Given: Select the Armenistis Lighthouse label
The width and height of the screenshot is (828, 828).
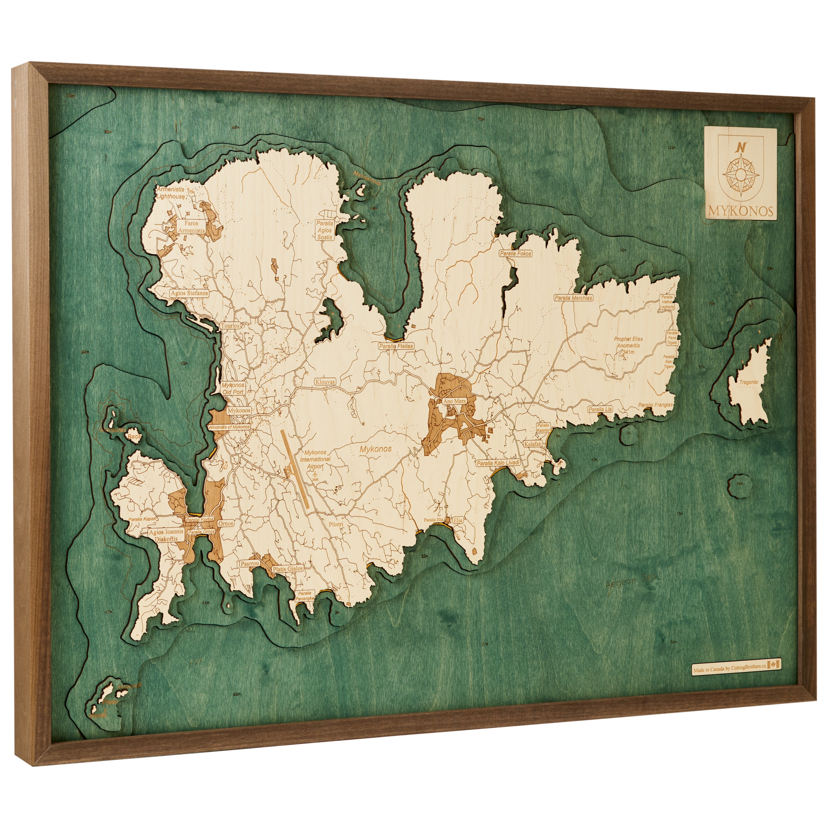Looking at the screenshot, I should tap(171, 193).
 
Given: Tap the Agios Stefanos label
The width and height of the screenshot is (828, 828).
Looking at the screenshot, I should tap(189, 294).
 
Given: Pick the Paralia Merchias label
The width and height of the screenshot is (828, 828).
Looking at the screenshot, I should tap(573, 298).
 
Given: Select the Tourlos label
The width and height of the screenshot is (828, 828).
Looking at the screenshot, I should tap(230, 326).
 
